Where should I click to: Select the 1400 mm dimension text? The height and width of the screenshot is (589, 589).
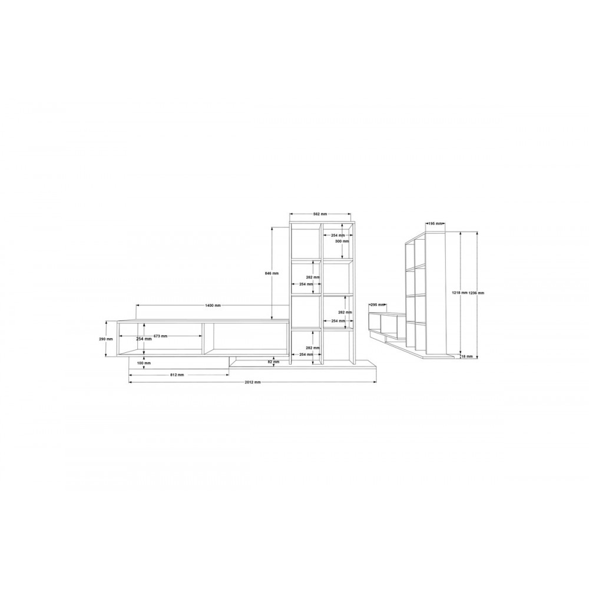pos(213,305)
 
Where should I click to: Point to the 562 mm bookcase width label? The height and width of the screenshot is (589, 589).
pos(320,215)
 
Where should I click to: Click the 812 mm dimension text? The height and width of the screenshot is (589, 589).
pos(177,375)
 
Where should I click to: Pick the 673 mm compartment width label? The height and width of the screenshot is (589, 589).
pos(160,336)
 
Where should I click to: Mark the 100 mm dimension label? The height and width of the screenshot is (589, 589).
pos(144,363)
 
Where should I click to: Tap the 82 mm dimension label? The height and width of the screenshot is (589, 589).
pos(273,362)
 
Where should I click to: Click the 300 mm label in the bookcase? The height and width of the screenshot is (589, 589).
pos(342,241)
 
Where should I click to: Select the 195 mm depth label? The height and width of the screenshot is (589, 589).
pos(435,224)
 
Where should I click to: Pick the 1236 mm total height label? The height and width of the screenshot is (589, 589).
pos(477,293)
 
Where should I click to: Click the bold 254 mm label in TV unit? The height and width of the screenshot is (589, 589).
pos(144,339)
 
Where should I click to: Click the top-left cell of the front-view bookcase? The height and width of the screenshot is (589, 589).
pos(306,241)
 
